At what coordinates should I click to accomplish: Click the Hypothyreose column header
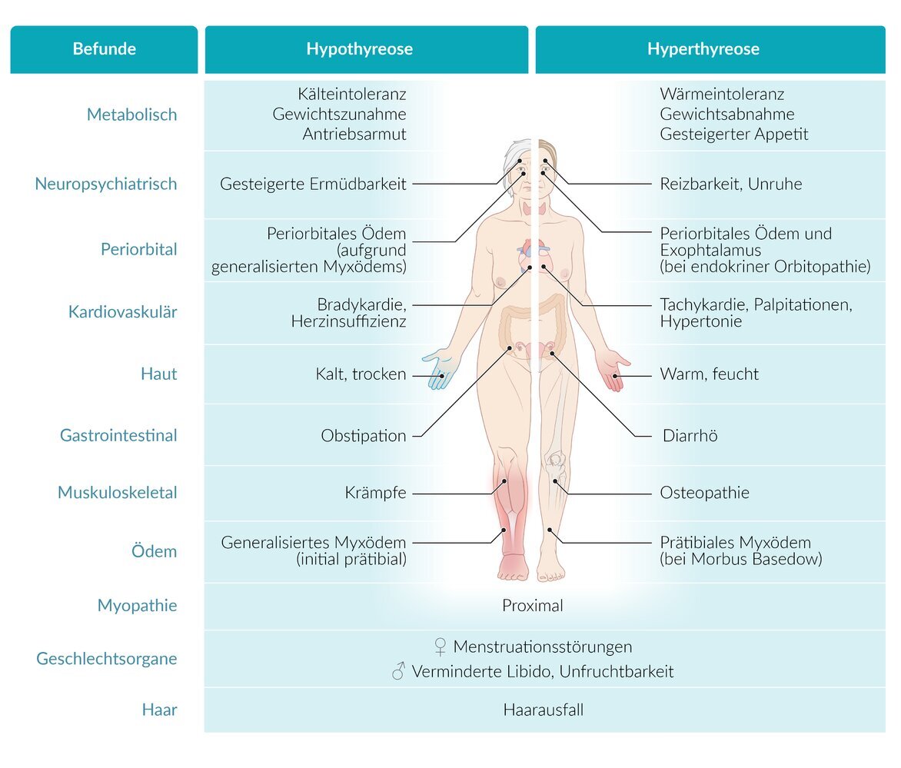[x=359, y=49]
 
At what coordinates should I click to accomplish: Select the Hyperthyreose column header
[x=703, y=49]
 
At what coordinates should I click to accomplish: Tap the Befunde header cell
[x=104, y=49]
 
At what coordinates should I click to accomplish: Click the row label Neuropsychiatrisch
[x=105, y=184]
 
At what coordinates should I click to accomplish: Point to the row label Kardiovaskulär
[x=122, y=312]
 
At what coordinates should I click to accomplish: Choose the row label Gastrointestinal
[x=118, y=435]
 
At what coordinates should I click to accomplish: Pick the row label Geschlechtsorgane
[x=107, y=659]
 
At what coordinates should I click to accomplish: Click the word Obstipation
[x=363, y=436]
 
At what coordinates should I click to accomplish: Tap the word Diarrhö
[x=690, y=436]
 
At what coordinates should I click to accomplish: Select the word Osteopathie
[x=704, y=493]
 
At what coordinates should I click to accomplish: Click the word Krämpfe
[x=375, y=493]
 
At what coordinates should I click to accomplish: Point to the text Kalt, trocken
[x=361, y=374]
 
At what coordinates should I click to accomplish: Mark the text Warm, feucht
[x=709, y=374]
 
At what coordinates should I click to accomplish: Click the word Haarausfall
[x=543, y=710]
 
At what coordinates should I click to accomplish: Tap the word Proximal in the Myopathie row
[x=532, y=606]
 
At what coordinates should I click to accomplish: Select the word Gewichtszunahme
[x=339, y=115]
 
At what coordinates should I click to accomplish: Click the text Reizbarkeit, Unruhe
[x=730, y=185]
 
